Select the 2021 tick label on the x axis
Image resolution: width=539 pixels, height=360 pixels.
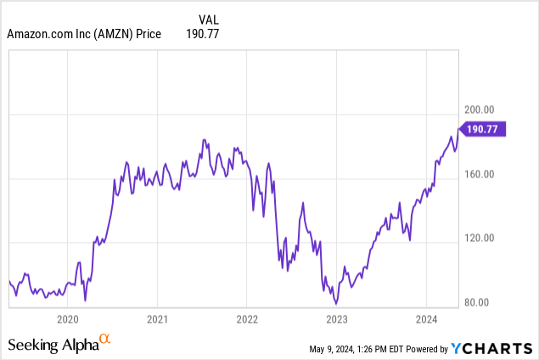[156, 319]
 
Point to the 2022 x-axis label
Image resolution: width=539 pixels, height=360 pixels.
[246, 319]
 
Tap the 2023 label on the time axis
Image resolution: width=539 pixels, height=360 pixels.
[337, 319]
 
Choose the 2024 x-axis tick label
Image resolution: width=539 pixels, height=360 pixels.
[426, 319]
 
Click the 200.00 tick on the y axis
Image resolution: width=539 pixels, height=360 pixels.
[480, 110]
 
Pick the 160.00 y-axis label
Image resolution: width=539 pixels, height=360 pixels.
[480, 173]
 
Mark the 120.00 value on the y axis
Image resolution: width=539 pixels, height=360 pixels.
[480, 238]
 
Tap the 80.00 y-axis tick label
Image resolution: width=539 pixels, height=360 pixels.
[478, 301]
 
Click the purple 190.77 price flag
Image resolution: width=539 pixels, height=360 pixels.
[483, 129]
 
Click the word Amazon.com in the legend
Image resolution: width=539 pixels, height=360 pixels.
[42, 35]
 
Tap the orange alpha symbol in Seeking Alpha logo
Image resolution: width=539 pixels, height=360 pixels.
[104, 340]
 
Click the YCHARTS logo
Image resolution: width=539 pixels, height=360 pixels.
[491, 347]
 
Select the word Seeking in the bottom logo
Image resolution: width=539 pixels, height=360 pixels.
[31, 345]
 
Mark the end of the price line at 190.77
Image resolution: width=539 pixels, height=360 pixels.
[458, 129]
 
